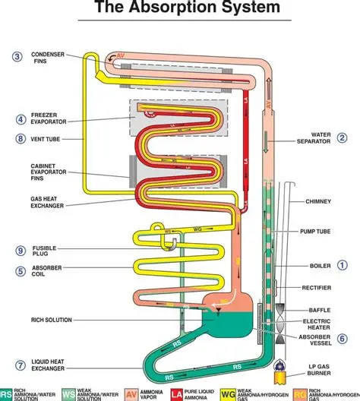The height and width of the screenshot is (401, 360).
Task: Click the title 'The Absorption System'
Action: click(x=181, y=10)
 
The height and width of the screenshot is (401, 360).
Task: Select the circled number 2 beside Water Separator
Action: click(x=343, y=137)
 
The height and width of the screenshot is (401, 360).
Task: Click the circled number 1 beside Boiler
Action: click(x=343, y=265)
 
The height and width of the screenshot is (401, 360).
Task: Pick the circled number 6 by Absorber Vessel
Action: click(x=343, y=339)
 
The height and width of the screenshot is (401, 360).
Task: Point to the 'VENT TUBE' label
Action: click(x=46, y=139)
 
